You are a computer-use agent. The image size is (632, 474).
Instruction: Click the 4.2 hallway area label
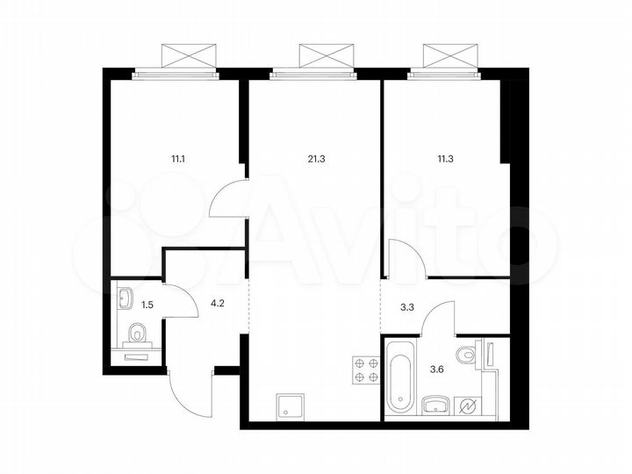[x=216, y=306]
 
